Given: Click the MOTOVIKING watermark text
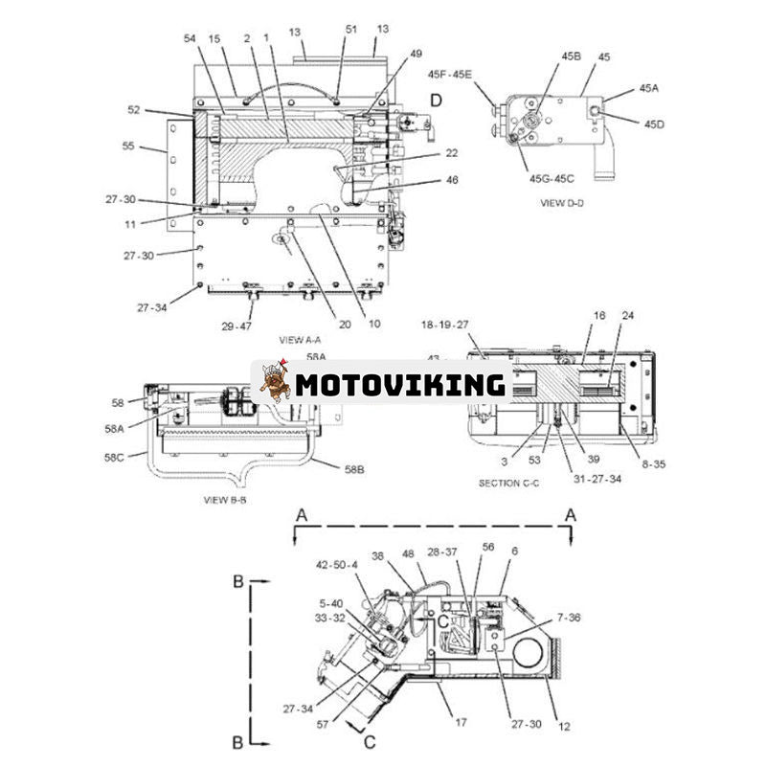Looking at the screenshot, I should click(400, 385).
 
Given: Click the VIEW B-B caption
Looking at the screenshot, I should click(226, 500).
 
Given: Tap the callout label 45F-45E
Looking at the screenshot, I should click(450, 74).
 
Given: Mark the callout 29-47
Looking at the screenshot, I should click(238, 327).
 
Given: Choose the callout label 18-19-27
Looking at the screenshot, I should click(445, 326).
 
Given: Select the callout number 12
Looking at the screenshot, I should click(564, 727).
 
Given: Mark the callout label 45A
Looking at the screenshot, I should click(650, 88).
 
